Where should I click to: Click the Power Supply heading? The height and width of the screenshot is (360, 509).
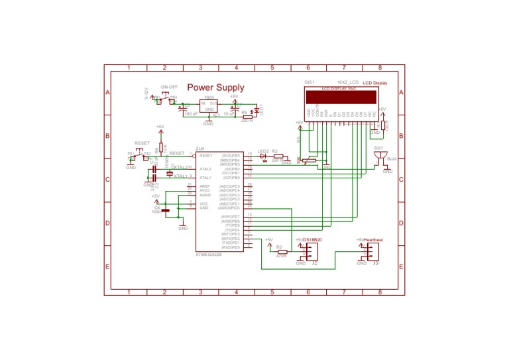(215, 88)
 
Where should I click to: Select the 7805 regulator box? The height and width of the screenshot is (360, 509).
(209, 105)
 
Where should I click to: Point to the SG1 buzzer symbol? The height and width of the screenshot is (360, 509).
(380, 157)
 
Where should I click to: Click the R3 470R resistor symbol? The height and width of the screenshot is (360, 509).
(281, 252)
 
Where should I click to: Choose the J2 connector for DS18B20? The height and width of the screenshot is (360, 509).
(309, 251)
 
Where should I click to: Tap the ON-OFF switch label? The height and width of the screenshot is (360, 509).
(169, 87)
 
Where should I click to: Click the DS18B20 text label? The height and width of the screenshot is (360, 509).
(313, 239)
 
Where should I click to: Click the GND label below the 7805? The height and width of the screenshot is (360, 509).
(207, 124)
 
